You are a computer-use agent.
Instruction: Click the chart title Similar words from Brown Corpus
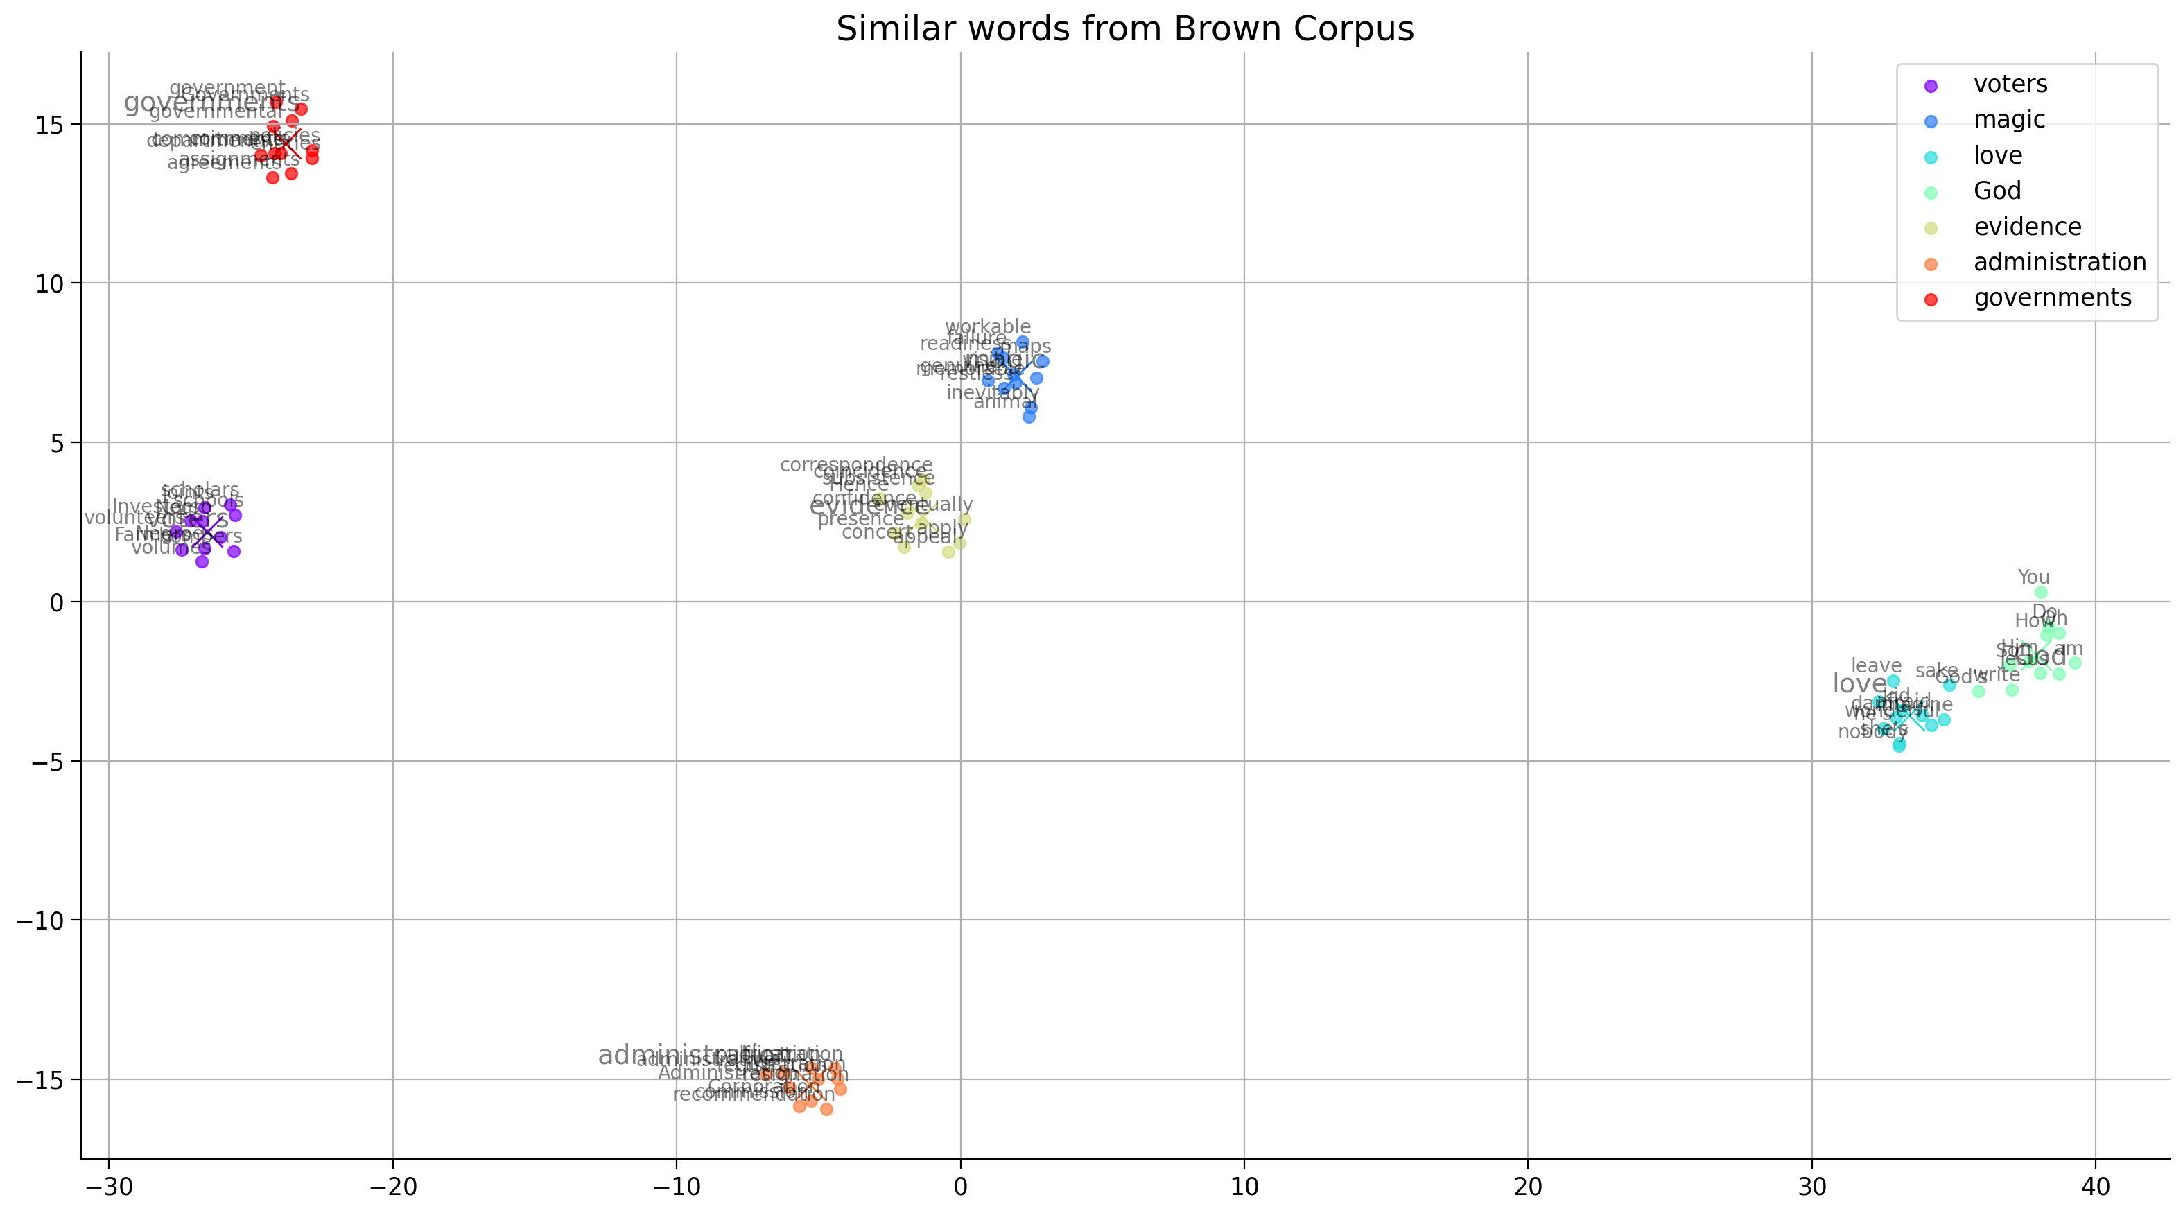[1124, 29]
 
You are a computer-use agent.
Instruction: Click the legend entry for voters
[2010, 85]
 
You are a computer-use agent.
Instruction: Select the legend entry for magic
[2009, 121]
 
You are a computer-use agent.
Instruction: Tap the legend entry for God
[1997, 191]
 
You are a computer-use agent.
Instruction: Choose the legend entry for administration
[2060, 263]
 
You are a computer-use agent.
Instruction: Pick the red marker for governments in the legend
[1931, 299]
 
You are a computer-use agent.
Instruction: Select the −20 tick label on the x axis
[392, 1187]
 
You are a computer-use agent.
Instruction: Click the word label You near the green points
[2033, 577]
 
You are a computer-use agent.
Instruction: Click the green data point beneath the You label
[2041, 593]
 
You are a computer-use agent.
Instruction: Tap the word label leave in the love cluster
[1875, 666]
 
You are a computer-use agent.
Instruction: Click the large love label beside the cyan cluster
[1859, 683]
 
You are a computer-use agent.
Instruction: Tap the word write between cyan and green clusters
[1996, 676]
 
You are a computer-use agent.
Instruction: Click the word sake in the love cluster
[1936, 671]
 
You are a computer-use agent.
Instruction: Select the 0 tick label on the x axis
[960, 1187]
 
